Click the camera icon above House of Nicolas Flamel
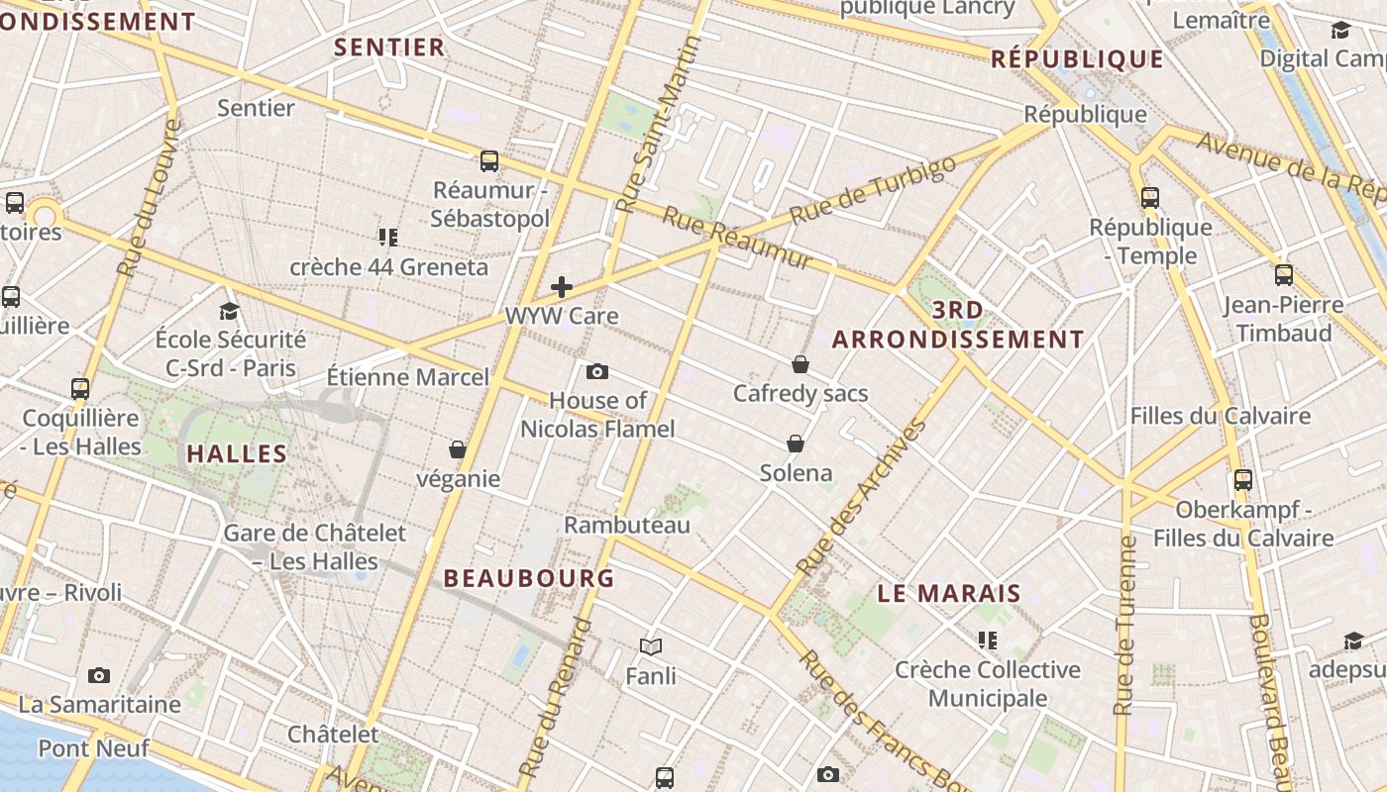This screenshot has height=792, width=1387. pos(597,371)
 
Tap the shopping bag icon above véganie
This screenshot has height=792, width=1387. pos(458,449)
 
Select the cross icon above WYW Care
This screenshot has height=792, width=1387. pos(562,287)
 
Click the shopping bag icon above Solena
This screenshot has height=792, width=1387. pos(796,443)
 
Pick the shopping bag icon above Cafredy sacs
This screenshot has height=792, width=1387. pos(800,364)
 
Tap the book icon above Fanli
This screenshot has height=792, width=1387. pos(651,646)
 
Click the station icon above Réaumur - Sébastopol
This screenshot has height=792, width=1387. pos(489,160)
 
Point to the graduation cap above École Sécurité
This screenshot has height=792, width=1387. pos(230,311)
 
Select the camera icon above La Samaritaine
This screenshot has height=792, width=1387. pos(99,675)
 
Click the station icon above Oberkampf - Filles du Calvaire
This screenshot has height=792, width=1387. pos(1243,480)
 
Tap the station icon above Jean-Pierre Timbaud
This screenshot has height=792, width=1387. pos(1284,275)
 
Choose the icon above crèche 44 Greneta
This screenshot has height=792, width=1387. pos(388,237)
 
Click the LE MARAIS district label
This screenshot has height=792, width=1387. pos(949,594)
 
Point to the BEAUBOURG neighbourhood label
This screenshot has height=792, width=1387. pos(529,578)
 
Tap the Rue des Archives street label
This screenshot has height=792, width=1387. pos(862,498)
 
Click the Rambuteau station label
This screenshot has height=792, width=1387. pos(627,525)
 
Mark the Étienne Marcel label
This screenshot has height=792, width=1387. pos(408,377)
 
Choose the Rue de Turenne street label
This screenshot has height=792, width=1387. pos(1124,626)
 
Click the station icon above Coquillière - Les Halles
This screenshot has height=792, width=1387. pos(81,388)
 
